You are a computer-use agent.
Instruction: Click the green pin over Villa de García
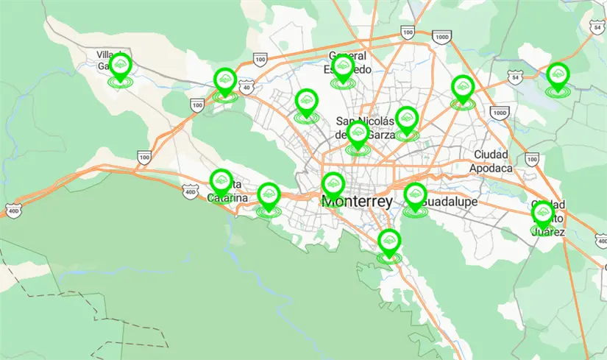click(x=121, y=68)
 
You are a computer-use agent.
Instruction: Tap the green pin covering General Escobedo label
click(x=342, y=68)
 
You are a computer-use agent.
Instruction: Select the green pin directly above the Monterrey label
click(x=333, y=186)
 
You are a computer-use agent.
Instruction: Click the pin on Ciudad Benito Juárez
click(x=543, y=215)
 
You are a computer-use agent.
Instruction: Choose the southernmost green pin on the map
click(x=389, y=242)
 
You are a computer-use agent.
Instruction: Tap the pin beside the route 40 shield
click(x=224, y=81)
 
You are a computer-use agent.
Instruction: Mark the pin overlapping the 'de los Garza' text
click(x=358, y=135)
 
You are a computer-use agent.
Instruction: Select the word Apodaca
click(x=491, y=168)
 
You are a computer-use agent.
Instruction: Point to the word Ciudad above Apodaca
click(x=491, y=155)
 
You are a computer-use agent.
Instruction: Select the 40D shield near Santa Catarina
click(x=191, y=192)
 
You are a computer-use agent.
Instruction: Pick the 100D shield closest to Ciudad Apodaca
click(x=499, y=113)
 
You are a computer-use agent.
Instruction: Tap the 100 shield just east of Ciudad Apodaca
click(x=532, y=158)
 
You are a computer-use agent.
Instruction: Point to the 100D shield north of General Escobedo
click(x=441, y=37)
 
